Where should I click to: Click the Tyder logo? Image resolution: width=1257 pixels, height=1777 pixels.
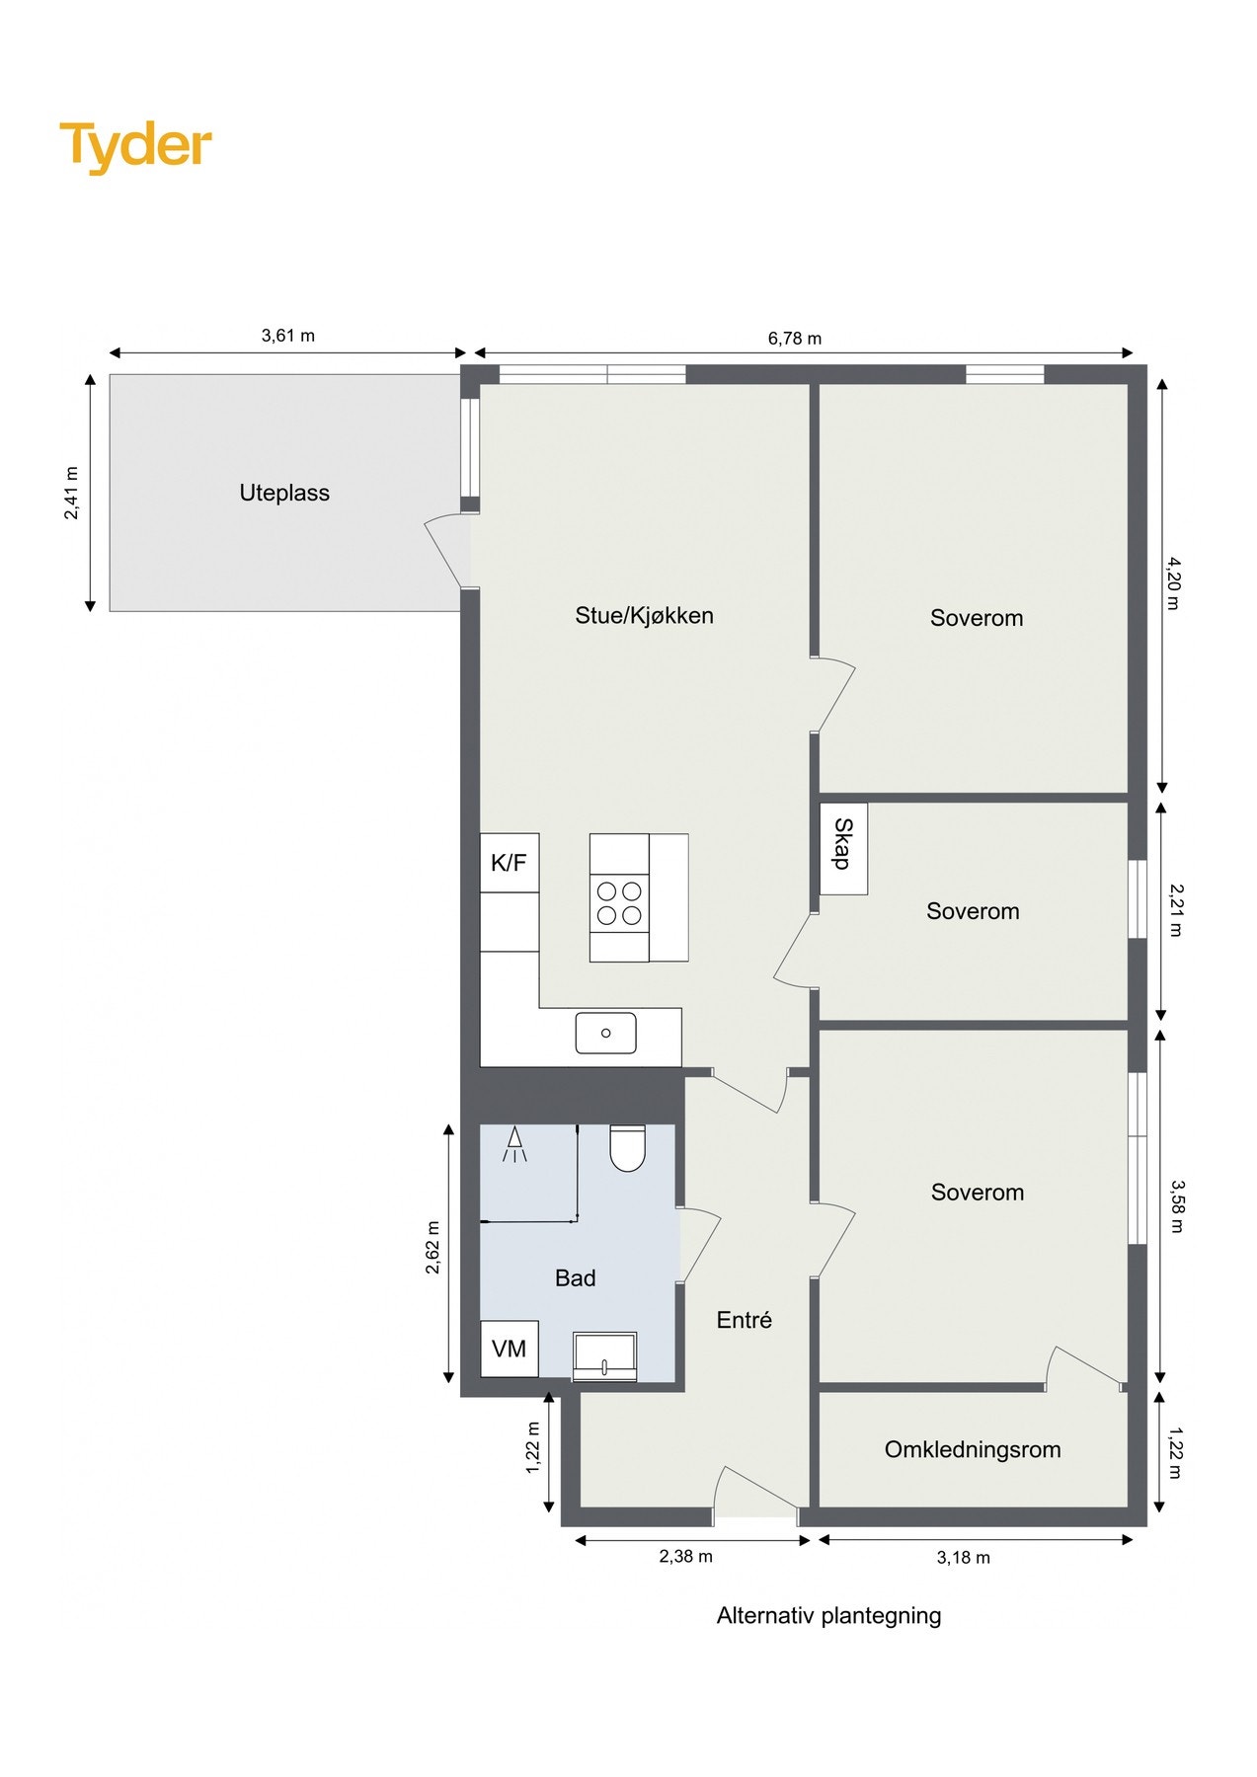click(x=135, y=146)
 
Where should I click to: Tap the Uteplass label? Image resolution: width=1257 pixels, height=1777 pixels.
click(x=284, y=493)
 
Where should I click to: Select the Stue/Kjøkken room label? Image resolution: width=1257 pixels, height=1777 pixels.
click(x=644, y=616)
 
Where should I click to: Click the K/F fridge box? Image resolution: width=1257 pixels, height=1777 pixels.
click(x=510, y=863)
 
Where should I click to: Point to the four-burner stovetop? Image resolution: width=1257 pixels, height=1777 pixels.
click(x=619, y=903)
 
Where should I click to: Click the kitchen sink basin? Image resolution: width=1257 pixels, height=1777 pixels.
click(x=605, y=1033)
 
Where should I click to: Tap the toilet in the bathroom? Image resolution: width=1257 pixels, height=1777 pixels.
click(x=627, y=1147)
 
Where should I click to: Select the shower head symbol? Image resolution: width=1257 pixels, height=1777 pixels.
click(x=514, y=1144)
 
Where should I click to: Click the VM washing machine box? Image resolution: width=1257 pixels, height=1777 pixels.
click(x=510, y=1349)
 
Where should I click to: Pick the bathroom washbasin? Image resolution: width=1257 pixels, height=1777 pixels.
click(x=604, y=1356)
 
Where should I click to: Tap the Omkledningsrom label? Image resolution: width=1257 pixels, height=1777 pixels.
click(x=973, y=1449)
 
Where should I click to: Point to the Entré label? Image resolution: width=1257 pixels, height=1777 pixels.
click(x=744, y=1320)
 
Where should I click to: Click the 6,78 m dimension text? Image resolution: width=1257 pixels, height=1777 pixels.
click(x=795, y=339)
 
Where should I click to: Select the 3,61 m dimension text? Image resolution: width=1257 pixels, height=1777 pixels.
click(x=288, y=336)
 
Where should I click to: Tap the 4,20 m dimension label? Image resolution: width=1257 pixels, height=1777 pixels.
click(x=1173, y=583)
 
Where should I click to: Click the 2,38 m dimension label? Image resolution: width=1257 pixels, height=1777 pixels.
click(x=686, y=1557)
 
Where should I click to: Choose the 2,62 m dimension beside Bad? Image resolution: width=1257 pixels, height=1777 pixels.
click(x=433, y=1248)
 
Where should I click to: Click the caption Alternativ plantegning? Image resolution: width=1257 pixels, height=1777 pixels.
click(x=828, y=1616)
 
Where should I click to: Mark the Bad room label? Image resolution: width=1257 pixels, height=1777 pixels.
click(x=575, y=1278)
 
